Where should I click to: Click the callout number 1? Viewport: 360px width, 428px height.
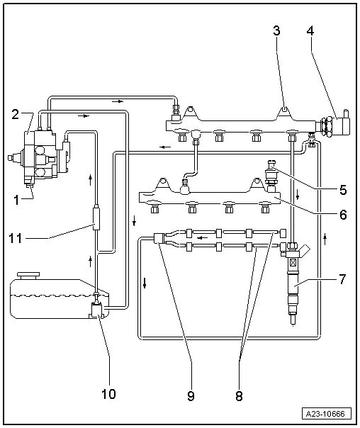16,200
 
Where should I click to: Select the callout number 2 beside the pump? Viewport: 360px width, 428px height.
16,115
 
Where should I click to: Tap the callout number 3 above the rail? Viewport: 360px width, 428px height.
276,30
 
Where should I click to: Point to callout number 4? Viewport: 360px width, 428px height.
310,30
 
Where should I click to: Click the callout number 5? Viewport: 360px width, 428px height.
343,190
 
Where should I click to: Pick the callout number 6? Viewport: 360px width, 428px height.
343,215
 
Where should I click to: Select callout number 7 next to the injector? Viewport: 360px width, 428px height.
342,279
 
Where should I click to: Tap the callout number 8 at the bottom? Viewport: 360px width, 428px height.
239,396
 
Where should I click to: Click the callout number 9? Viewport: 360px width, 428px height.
191,396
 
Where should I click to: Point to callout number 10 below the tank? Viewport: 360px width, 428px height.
108,394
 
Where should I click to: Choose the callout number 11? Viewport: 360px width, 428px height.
16,238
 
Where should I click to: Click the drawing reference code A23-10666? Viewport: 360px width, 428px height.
325,414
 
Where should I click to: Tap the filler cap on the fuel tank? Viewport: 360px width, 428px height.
28,275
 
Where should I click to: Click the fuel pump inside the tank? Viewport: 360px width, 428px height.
96,310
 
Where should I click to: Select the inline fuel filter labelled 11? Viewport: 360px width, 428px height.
96,219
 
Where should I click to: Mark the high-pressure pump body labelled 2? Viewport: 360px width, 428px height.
38,155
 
